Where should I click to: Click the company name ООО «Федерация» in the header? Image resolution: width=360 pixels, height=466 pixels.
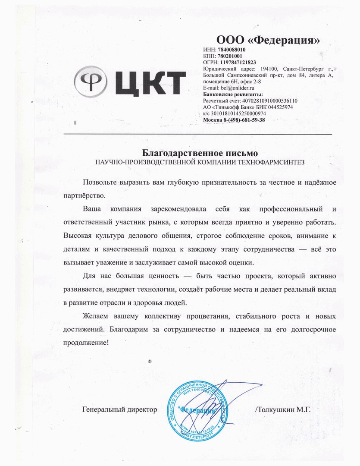tap(268, 41)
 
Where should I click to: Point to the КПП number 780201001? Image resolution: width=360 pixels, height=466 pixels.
tap(230, 56)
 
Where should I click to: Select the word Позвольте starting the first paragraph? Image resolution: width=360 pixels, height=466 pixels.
tap(99, 183)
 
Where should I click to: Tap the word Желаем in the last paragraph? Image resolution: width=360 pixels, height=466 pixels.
tap(98, 316)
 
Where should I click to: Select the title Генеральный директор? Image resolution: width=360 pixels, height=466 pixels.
tap(119, 409)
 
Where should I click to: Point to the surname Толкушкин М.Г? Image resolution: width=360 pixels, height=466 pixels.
tap(284, 409)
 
